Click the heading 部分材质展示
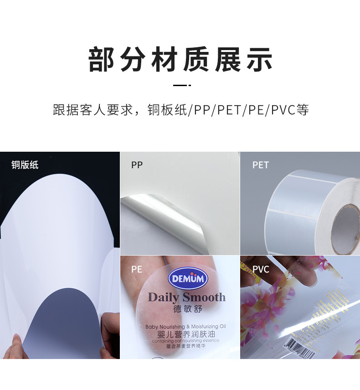click(x=180, y=60)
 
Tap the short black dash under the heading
click(x=181, y=85)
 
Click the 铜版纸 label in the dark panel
click(x=25, y=164)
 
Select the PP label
click(x=137, y=165)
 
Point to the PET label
click(x=261, y=165)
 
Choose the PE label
click(x=137, y=269)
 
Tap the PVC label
click(x=261, y=269)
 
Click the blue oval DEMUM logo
click(x=188, y=279)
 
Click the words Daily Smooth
click(x=186, y=298)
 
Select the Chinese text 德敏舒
click(x=187, y=309)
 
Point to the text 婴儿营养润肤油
click(x=185, y=334)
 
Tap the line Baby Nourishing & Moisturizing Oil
click(x=185, y=326)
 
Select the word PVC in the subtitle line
click(x=283, y=110)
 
